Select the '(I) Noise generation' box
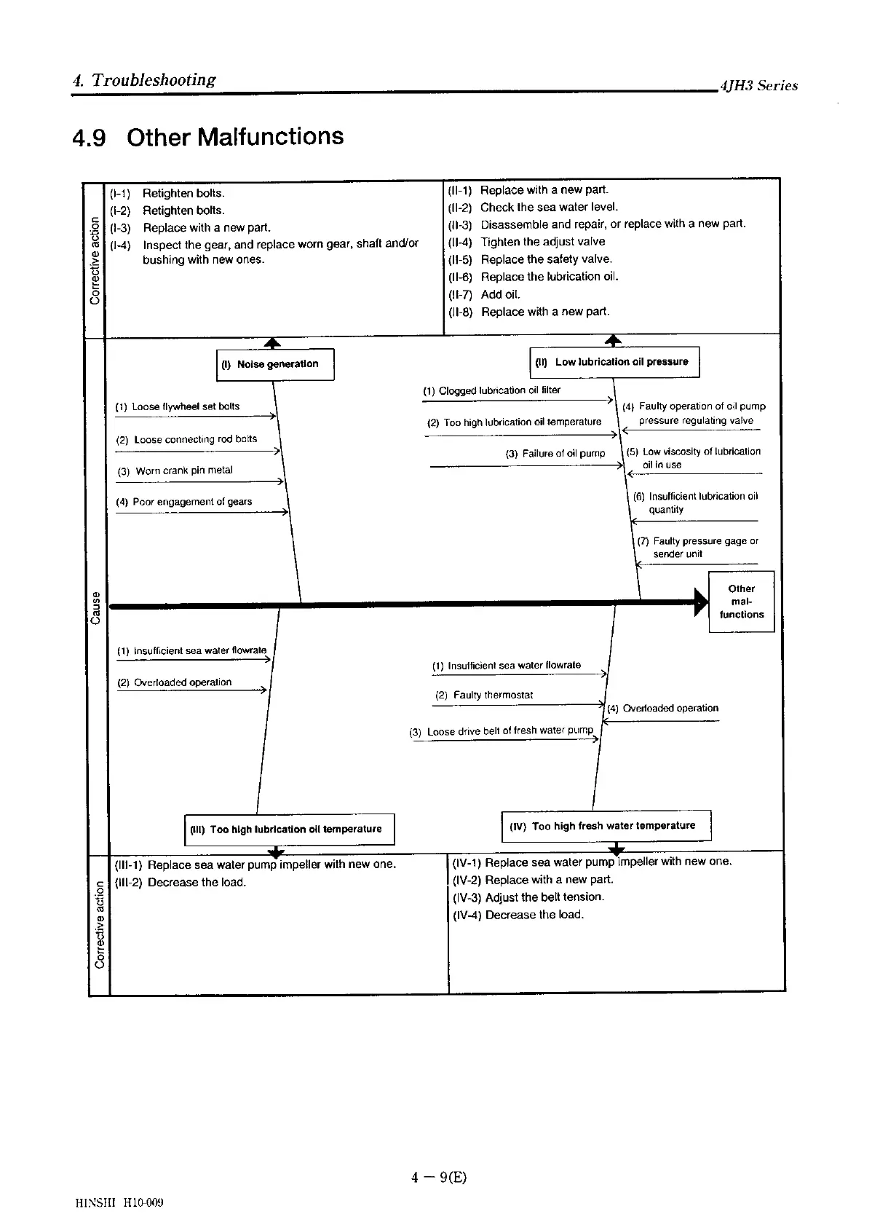[277, 364]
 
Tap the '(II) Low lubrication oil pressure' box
[614, 362]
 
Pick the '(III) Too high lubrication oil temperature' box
[289, 830]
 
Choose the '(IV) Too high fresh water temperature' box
[606, 826]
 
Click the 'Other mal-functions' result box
[741, 602]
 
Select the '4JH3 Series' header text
[758, 86]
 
